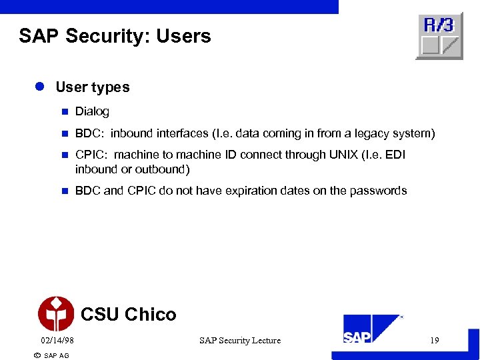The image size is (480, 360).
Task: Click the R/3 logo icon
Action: pyautogui.click(x=439, y=36)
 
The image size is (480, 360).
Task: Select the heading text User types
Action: pyautogui.click(x=93, y=87)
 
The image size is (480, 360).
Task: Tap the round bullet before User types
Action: pyautogui.click(x=40, y=87)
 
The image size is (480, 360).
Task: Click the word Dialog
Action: pyautogui.click(x=92, y=111)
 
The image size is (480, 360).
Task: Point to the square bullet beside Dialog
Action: pyautogui.click(x=64, y=111)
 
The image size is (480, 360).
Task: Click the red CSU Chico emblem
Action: pyautogui.click(x=56, y=314)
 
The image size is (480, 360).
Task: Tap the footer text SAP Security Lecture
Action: pyautogui.click(x=240, y=341)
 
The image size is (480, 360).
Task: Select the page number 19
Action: pyautogui.click(x=434, y=341)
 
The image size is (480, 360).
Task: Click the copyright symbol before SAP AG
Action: pyautogui.click(x=37, y=355)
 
